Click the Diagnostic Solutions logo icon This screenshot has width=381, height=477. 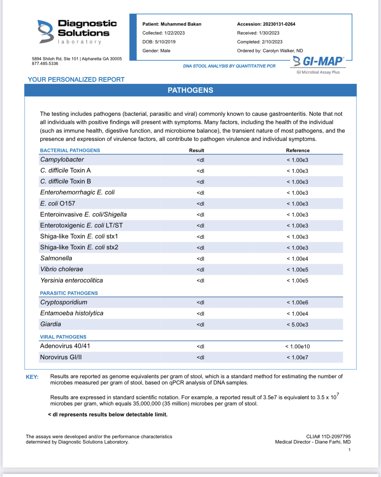[45, 32]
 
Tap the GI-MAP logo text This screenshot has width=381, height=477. [323, 61]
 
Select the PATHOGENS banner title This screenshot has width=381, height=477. [190, 90]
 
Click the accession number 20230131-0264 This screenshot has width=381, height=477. [279, 24]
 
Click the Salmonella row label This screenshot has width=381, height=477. [56, 258]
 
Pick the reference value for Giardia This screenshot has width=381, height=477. [297, 325]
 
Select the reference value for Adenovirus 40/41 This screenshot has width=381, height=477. [297, 346]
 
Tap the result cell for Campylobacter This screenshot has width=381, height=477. [200, 160]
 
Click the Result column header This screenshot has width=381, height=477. [196, 150]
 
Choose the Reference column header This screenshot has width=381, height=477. [297, 150]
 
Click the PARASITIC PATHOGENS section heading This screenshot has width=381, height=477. [69, 293]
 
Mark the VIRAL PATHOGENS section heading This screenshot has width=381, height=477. [63, 337]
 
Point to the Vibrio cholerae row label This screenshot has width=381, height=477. [62, 269]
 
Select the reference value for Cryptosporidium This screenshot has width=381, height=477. [297, 303]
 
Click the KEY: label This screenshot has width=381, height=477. [32, 377]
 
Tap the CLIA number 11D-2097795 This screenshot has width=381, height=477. [336, 437]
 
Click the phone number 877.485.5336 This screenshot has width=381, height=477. [45, 64]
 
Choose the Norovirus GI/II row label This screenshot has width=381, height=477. [61, 357]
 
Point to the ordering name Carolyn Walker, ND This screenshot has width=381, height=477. [283, 51]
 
